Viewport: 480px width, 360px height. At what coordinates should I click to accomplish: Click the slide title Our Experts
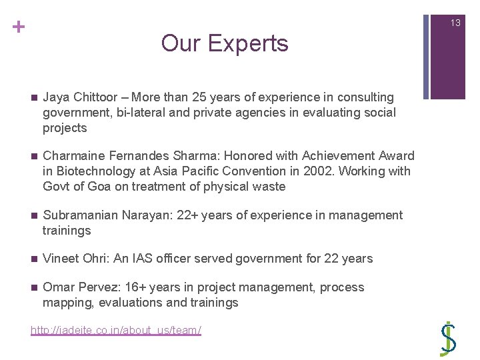point(225,43)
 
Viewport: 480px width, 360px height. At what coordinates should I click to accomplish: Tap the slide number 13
point(455,23)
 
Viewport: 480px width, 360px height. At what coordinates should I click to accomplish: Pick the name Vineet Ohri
point(71,259)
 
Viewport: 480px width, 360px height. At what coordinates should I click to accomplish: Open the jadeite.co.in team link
point(116,331)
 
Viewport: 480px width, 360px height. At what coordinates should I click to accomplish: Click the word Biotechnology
point(96,171)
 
